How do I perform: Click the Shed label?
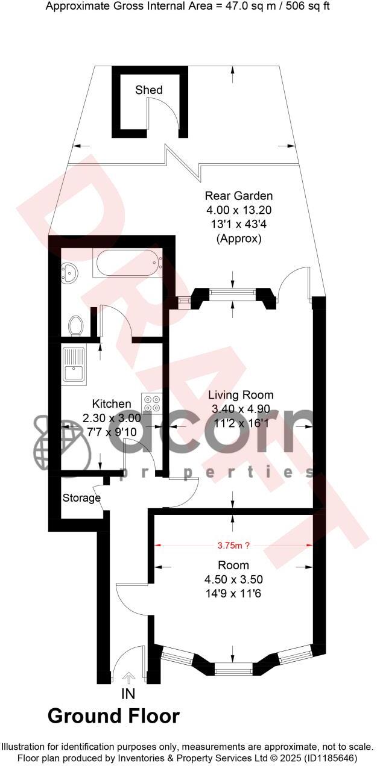pos(148,90)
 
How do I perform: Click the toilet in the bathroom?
pos(76,326)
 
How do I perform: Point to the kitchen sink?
pos(74,365)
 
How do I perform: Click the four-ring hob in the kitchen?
pos(150,402)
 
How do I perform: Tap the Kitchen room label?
pos(111,404)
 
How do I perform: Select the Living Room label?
pos(241,395)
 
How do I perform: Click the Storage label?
pos(81,498)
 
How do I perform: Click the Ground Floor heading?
pos(113,716)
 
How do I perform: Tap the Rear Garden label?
pos(239,196)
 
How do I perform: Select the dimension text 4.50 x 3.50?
pos(233,580)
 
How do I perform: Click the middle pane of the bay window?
pos(233,668)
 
